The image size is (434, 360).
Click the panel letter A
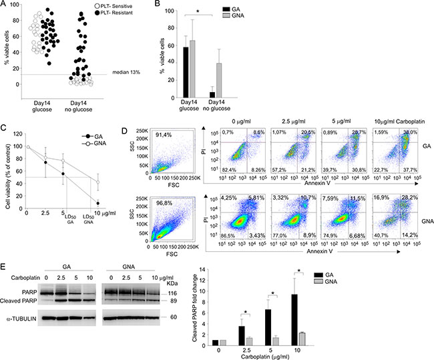click(x=4, y=5)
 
